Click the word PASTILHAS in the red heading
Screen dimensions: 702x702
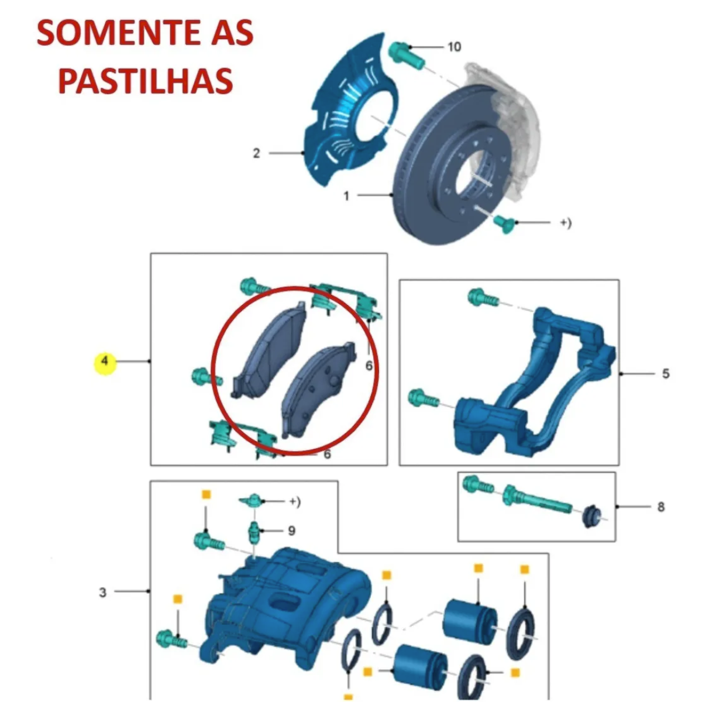pyautogui.click(x=145, y=80)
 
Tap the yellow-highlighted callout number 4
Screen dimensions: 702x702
pyautogui.click(x=105, y=361)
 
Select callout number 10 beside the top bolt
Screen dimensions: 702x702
pyautogui.click(x=455, y=47)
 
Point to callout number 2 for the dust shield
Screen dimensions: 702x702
pyautogui.click(x=256, y=153)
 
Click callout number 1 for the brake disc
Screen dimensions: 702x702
pyautogui.click(x=346, y=196)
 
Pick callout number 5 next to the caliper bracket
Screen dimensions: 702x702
pyautogui.click(x=666, y=373)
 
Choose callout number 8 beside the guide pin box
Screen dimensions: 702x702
pyautogui.click(x=661, y=507)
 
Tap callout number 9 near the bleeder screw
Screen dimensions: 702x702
pyautogui.click(x=291, y=531)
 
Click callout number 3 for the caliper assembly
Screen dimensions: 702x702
pyautogui.click(x=103, y=593)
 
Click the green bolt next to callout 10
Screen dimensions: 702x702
pyautogui.click(x=405, y=56)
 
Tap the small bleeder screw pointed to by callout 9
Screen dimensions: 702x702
pyautogui.click(x=254, y=532)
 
